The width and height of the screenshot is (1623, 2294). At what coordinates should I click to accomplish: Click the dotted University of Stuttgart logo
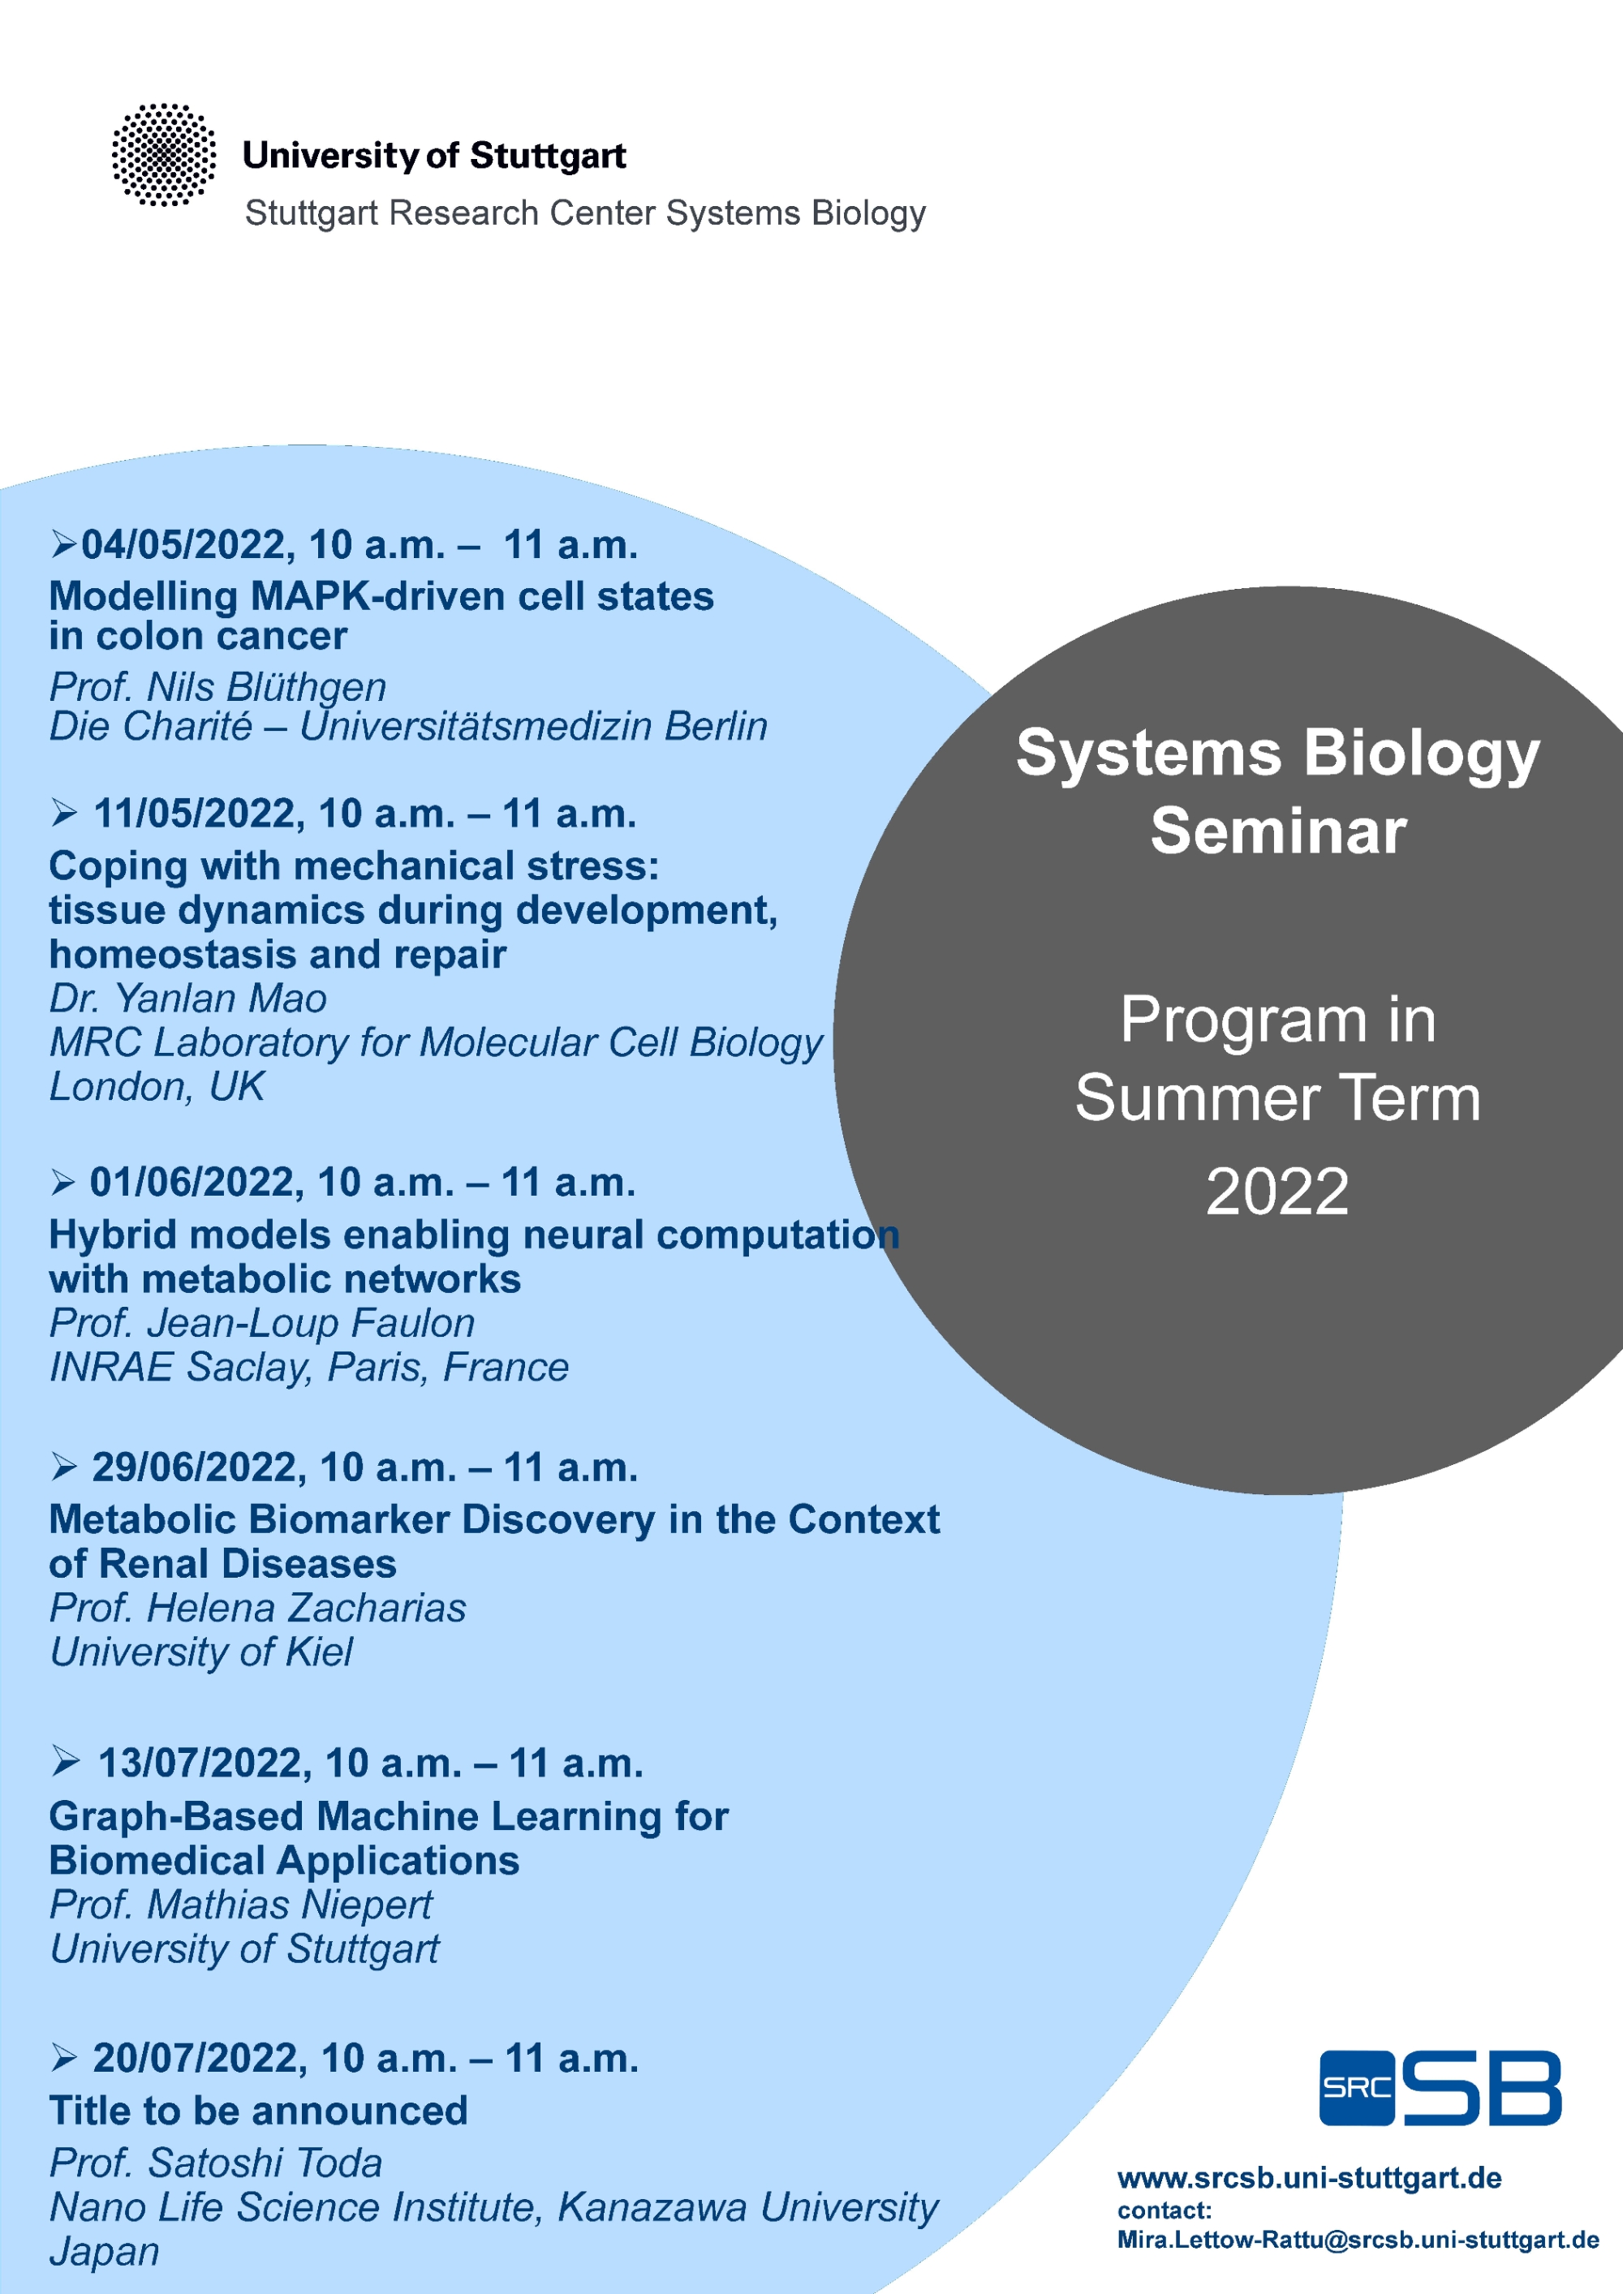point(164,155)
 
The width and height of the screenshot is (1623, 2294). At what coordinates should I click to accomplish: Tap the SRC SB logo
point(1440,2088)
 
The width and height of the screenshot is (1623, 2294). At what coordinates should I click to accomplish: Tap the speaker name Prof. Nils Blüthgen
point(217,686)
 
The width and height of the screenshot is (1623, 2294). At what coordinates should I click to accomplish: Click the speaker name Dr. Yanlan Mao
point(188,998)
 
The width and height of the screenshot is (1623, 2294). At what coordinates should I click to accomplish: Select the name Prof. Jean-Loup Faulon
point(262,1323)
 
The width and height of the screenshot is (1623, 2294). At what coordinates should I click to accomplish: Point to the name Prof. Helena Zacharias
point(258,1608)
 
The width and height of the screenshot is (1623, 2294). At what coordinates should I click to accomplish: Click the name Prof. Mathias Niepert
point(241,1905)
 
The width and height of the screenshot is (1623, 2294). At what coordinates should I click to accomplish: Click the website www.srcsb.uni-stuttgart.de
point(1309,2178)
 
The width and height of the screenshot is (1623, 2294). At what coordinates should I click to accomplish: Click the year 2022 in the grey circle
point(1277,1191)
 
